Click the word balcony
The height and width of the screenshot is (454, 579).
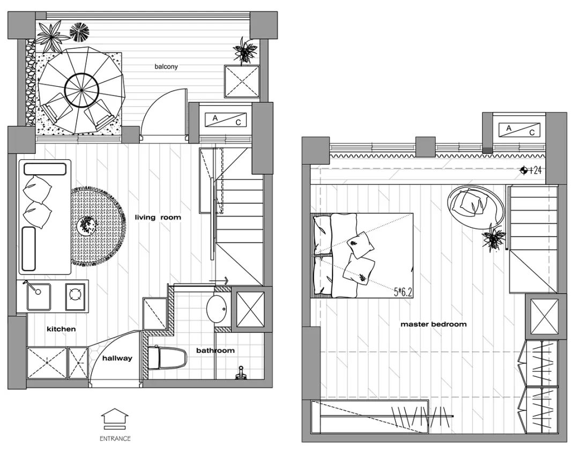point(166,67)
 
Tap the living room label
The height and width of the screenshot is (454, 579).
point(158,218)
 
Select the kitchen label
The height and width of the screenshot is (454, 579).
point(61,329)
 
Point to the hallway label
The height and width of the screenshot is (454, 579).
point(117,358)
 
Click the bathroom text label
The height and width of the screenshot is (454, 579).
point(216,350)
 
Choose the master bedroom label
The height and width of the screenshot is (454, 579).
point(434,324)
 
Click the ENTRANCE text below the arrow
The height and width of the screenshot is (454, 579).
point(115,438)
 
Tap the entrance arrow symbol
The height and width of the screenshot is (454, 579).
point(115,419)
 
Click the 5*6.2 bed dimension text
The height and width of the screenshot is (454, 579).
point(403,293)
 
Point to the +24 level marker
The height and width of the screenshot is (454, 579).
point(531,170)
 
